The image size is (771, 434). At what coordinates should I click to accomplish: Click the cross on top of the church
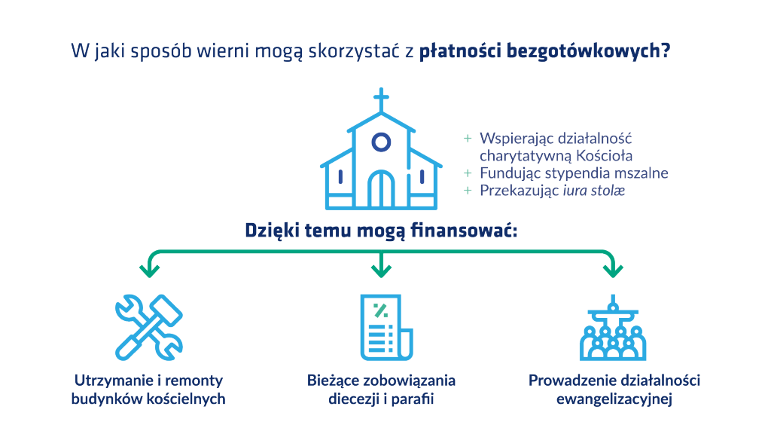[382, 99]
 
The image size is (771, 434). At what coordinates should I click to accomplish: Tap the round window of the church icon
[382, 142]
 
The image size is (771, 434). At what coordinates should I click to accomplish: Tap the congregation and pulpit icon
[613, 329]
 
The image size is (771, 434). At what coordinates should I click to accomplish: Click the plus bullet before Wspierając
[468, 139]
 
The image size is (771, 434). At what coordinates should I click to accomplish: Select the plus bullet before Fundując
[468, 173]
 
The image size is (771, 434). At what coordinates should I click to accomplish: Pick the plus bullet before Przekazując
[468, 191]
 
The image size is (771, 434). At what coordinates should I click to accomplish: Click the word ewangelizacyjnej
[614, 399]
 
